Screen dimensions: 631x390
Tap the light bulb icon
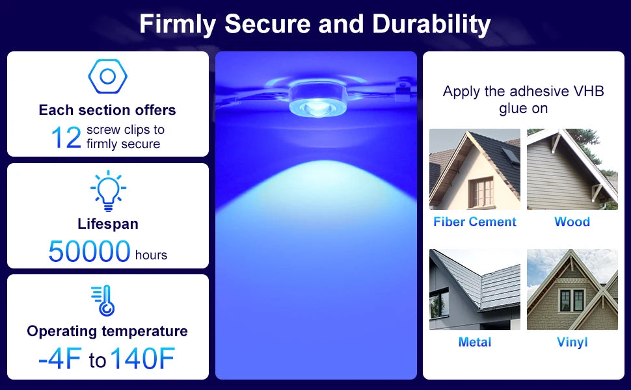(x=108, y=191)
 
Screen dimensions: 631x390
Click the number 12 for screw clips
(x=66, y=137)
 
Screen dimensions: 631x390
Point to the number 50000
(x=89, y=252)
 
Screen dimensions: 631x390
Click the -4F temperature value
(x=60, y=358)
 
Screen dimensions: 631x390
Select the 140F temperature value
(x=142, y=358)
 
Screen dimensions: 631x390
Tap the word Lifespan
(x=108, y=224)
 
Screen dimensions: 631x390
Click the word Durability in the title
(x=431, y=24)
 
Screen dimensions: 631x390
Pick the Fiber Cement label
(x=475, y=222)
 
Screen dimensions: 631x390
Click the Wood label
(x=572, y=222)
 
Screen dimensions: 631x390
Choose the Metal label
(x=475, y=342)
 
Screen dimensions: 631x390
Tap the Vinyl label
(x=572, y=342)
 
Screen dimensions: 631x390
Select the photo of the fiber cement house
(x=475, y=169)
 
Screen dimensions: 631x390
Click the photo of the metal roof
(x=475, y=289)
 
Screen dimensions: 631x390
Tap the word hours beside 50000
(x=151, y=255)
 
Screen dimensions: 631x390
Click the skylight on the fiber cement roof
(x=511, y=156)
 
